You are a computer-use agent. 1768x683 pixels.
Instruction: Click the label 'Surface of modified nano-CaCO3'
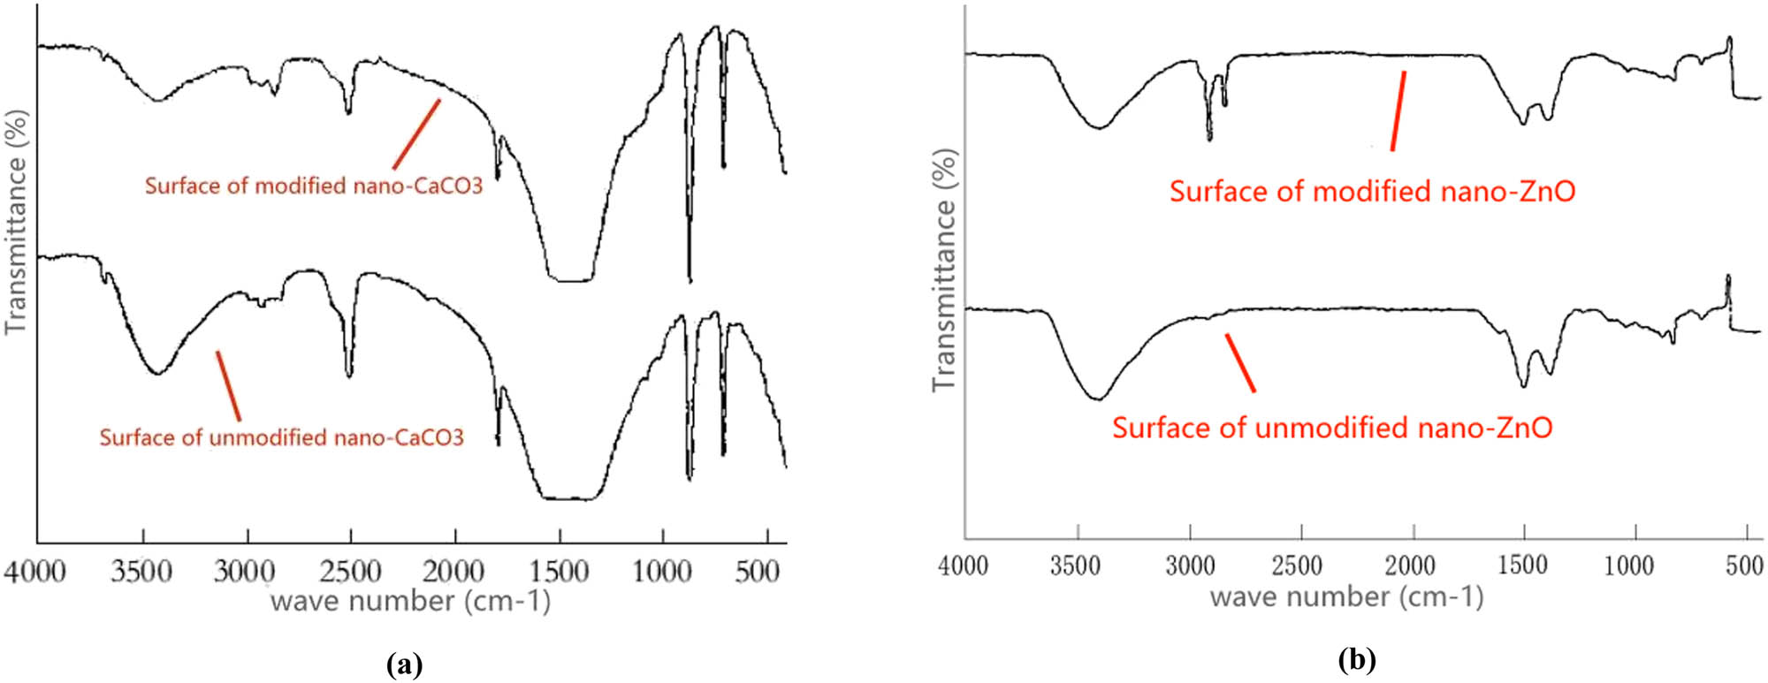(x=314, y=186)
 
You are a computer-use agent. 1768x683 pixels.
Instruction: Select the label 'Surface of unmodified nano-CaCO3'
(x=281, y=437)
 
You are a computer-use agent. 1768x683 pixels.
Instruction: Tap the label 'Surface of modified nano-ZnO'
(x=1372, y=192)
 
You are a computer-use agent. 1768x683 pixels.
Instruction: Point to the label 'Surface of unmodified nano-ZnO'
(x=1332, y=429)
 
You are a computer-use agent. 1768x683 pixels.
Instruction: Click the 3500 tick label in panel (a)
(x=141, y=572)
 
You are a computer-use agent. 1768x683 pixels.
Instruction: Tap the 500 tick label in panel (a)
(x=758, y=572)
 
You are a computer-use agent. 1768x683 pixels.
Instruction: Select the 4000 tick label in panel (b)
(x=964, y=565)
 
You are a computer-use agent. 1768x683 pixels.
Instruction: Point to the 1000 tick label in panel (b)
(x=1628, y=565)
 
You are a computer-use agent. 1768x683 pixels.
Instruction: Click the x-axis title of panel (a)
(x=410, y=602)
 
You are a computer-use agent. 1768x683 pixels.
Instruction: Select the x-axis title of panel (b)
(x=1346, y=597)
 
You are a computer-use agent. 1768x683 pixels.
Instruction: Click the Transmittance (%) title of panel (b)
(x=945, y=270)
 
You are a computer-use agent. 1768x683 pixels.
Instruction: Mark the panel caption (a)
(x=405, y=664)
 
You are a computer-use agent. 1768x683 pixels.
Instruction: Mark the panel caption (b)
(x=1357, y=659)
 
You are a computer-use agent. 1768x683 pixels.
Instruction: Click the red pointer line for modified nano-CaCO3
(x=416, y=133)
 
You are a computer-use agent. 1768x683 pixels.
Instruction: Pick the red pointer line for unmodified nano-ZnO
(x=1239, y=362)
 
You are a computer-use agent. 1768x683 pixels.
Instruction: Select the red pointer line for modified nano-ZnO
(x=1398, y=111)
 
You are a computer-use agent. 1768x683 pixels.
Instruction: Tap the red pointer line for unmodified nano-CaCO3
(x=228, y=385)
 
